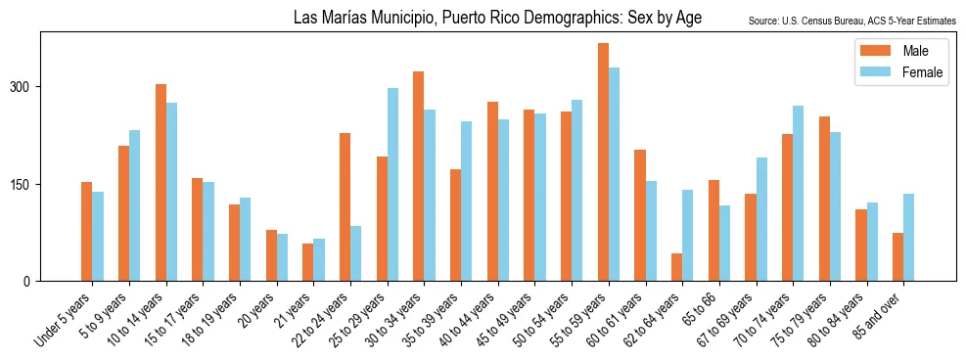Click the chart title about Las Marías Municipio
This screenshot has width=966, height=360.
(497, 19)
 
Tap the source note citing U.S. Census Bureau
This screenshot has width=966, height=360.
(851, 21)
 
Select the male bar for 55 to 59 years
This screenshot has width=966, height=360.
(603, 162)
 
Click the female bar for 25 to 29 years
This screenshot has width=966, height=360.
(392, 185)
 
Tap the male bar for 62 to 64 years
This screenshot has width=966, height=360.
(677, 267)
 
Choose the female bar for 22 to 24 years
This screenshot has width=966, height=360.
(355, 253)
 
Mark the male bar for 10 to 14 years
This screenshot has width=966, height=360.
(161, 183)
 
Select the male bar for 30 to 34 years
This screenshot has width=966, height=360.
(419, 176)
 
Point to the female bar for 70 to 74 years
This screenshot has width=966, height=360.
(798, 194)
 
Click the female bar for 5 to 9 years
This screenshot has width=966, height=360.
(134, 205)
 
